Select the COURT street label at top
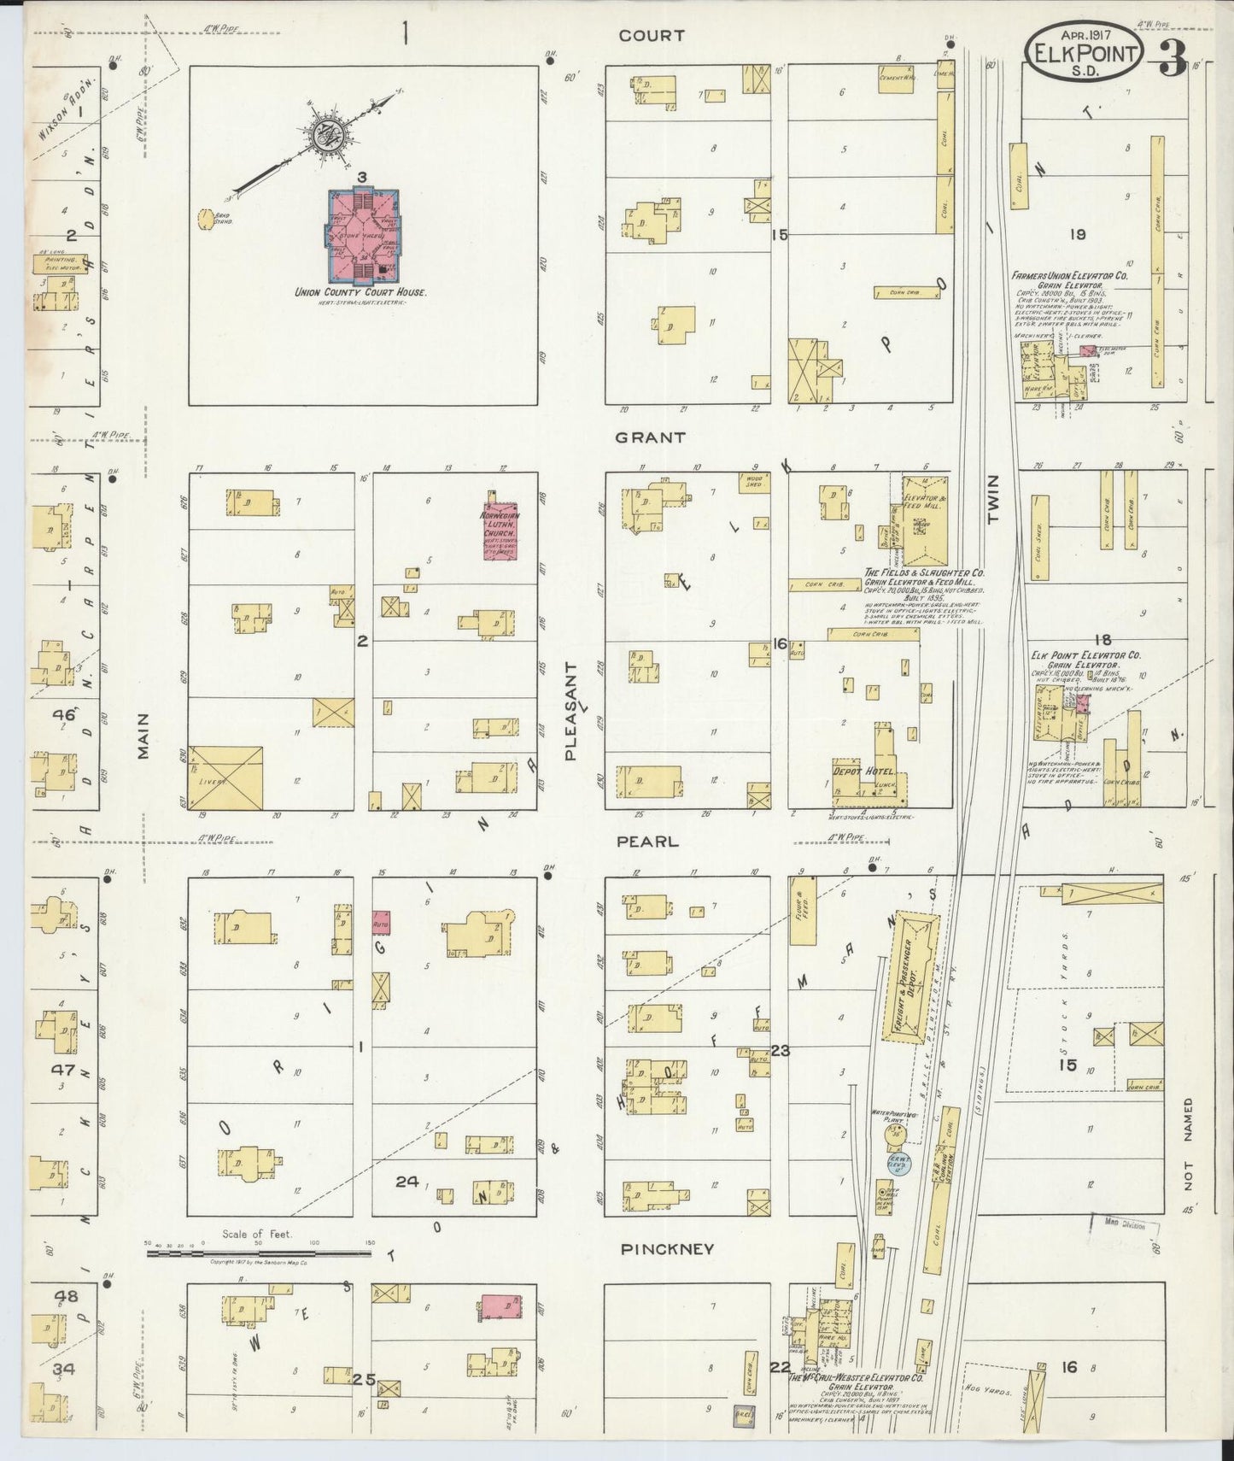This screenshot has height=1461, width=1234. point(652,36)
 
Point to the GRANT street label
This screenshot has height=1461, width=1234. point(651,437)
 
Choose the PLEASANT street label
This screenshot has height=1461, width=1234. point(571,710)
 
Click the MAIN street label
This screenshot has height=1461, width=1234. point(143,736)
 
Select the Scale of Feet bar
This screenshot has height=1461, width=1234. point(258,1253)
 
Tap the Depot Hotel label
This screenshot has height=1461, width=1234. point(857,771)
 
